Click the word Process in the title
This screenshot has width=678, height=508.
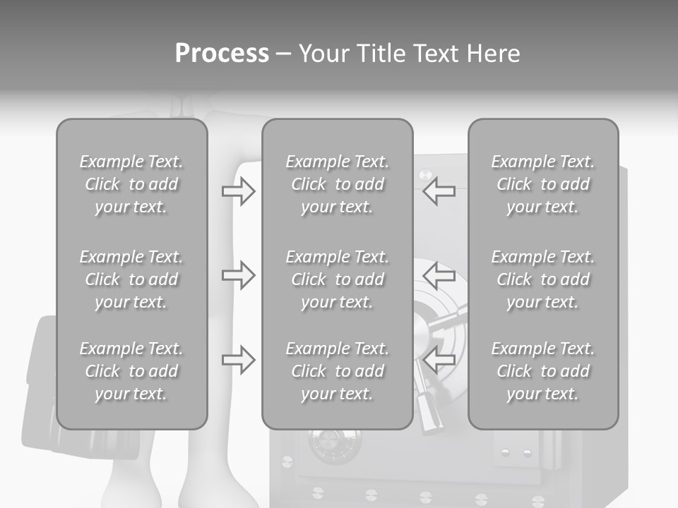click(x=222, y=54)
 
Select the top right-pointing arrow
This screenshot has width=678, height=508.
click(x=238, y=191)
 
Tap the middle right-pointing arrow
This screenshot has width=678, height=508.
click(x=238, y=275)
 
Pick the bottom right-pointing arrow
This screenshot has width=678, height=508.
click(x=238, y=360)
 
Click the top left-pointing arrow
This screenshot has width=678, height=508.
click(x=439, y=191)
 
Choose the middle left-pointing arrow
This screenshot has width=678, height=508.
click(x=439, y=275)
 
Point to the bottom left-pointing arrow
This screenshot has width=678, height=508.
click(x=439, y=360)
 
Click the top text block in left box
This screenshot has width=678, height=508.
click(x=131, y=184)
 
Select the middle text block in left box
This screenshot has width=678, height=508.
click(x=131, y=279)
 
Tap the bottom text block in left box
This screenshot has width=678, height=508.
click(x=131, y=371)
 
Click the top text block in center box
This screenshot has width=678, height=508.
click(x=337, y=184)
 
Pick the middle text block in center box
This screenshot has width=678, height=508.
click(x=337, y=279)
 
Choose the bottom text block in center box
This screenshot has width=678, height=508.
click(x=337, y=371)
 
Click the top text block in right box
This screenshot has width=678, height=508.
click(x=542, y=184)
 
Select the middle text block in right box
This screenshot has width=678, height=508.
click(x=542, y=279)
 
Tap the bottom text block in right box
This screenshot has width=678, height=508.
click(x=542, y=371)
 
